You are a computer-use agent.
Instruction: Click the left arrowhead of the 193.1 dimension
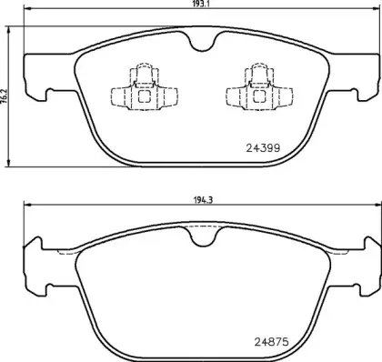pos(25,13)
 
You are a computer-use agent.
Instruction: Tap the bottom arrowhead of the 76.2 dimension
pos(9,166)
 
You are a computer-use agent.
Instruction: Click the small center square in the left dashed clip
pos(143,93)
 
